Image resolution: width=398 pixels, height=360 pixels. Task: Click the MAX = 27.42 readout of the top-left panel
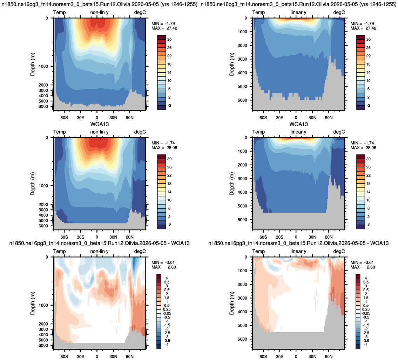tap(164, 28)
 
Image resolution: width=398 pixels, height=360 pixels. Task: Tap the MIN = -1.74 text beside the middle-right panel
tap(362, 143)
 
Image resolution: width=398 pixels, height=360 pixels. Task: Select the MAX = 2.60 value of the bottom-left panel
tap(164, 267)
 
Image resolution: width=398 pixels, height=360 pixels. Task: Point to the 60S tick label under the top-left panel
tap(64, 118)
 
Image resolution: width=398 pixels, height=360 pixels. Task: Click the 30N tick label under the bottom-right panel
tap(312, 356)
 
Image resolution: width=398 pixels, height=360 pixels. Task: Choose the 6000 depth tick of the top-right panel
tap(242, 100)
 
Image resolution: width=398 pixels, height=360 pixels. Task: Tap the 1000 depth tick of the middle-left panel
tap(43, 186)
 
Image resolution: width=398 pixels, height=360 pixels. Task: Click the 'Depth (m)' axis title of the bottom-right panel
tap(231, 303)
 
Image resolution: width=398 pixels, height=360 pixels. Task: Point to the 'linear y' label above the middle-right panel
tap(298, 132)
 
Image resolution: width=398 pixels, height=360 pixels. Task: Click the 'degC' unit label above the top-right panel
tap(339, 12)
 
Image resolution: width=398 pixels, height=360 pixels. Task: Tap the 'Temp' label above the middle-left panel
tap(59, 132)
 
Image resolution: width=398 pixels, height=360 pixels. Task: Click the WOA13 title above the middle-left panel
tap(100, 124)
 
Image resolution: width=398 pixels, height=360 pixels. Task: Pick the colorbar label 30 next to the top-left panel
tap(169, 39)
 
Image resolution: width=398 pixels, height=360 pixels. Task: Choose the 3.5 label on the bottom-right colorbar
tap(366, 282)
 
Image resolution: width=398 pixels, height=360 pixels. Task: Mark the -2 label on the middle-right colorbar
tap(368, 225)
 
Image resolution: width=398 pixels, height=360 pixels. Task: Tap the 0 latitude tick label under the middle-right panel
tap(296, 237)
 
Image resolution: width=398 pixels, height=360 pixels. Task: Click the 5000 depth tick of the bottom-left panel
tap(43, 340)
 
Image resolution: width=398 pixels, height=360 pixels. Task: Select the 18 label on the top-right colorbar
tap(368, 64)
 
